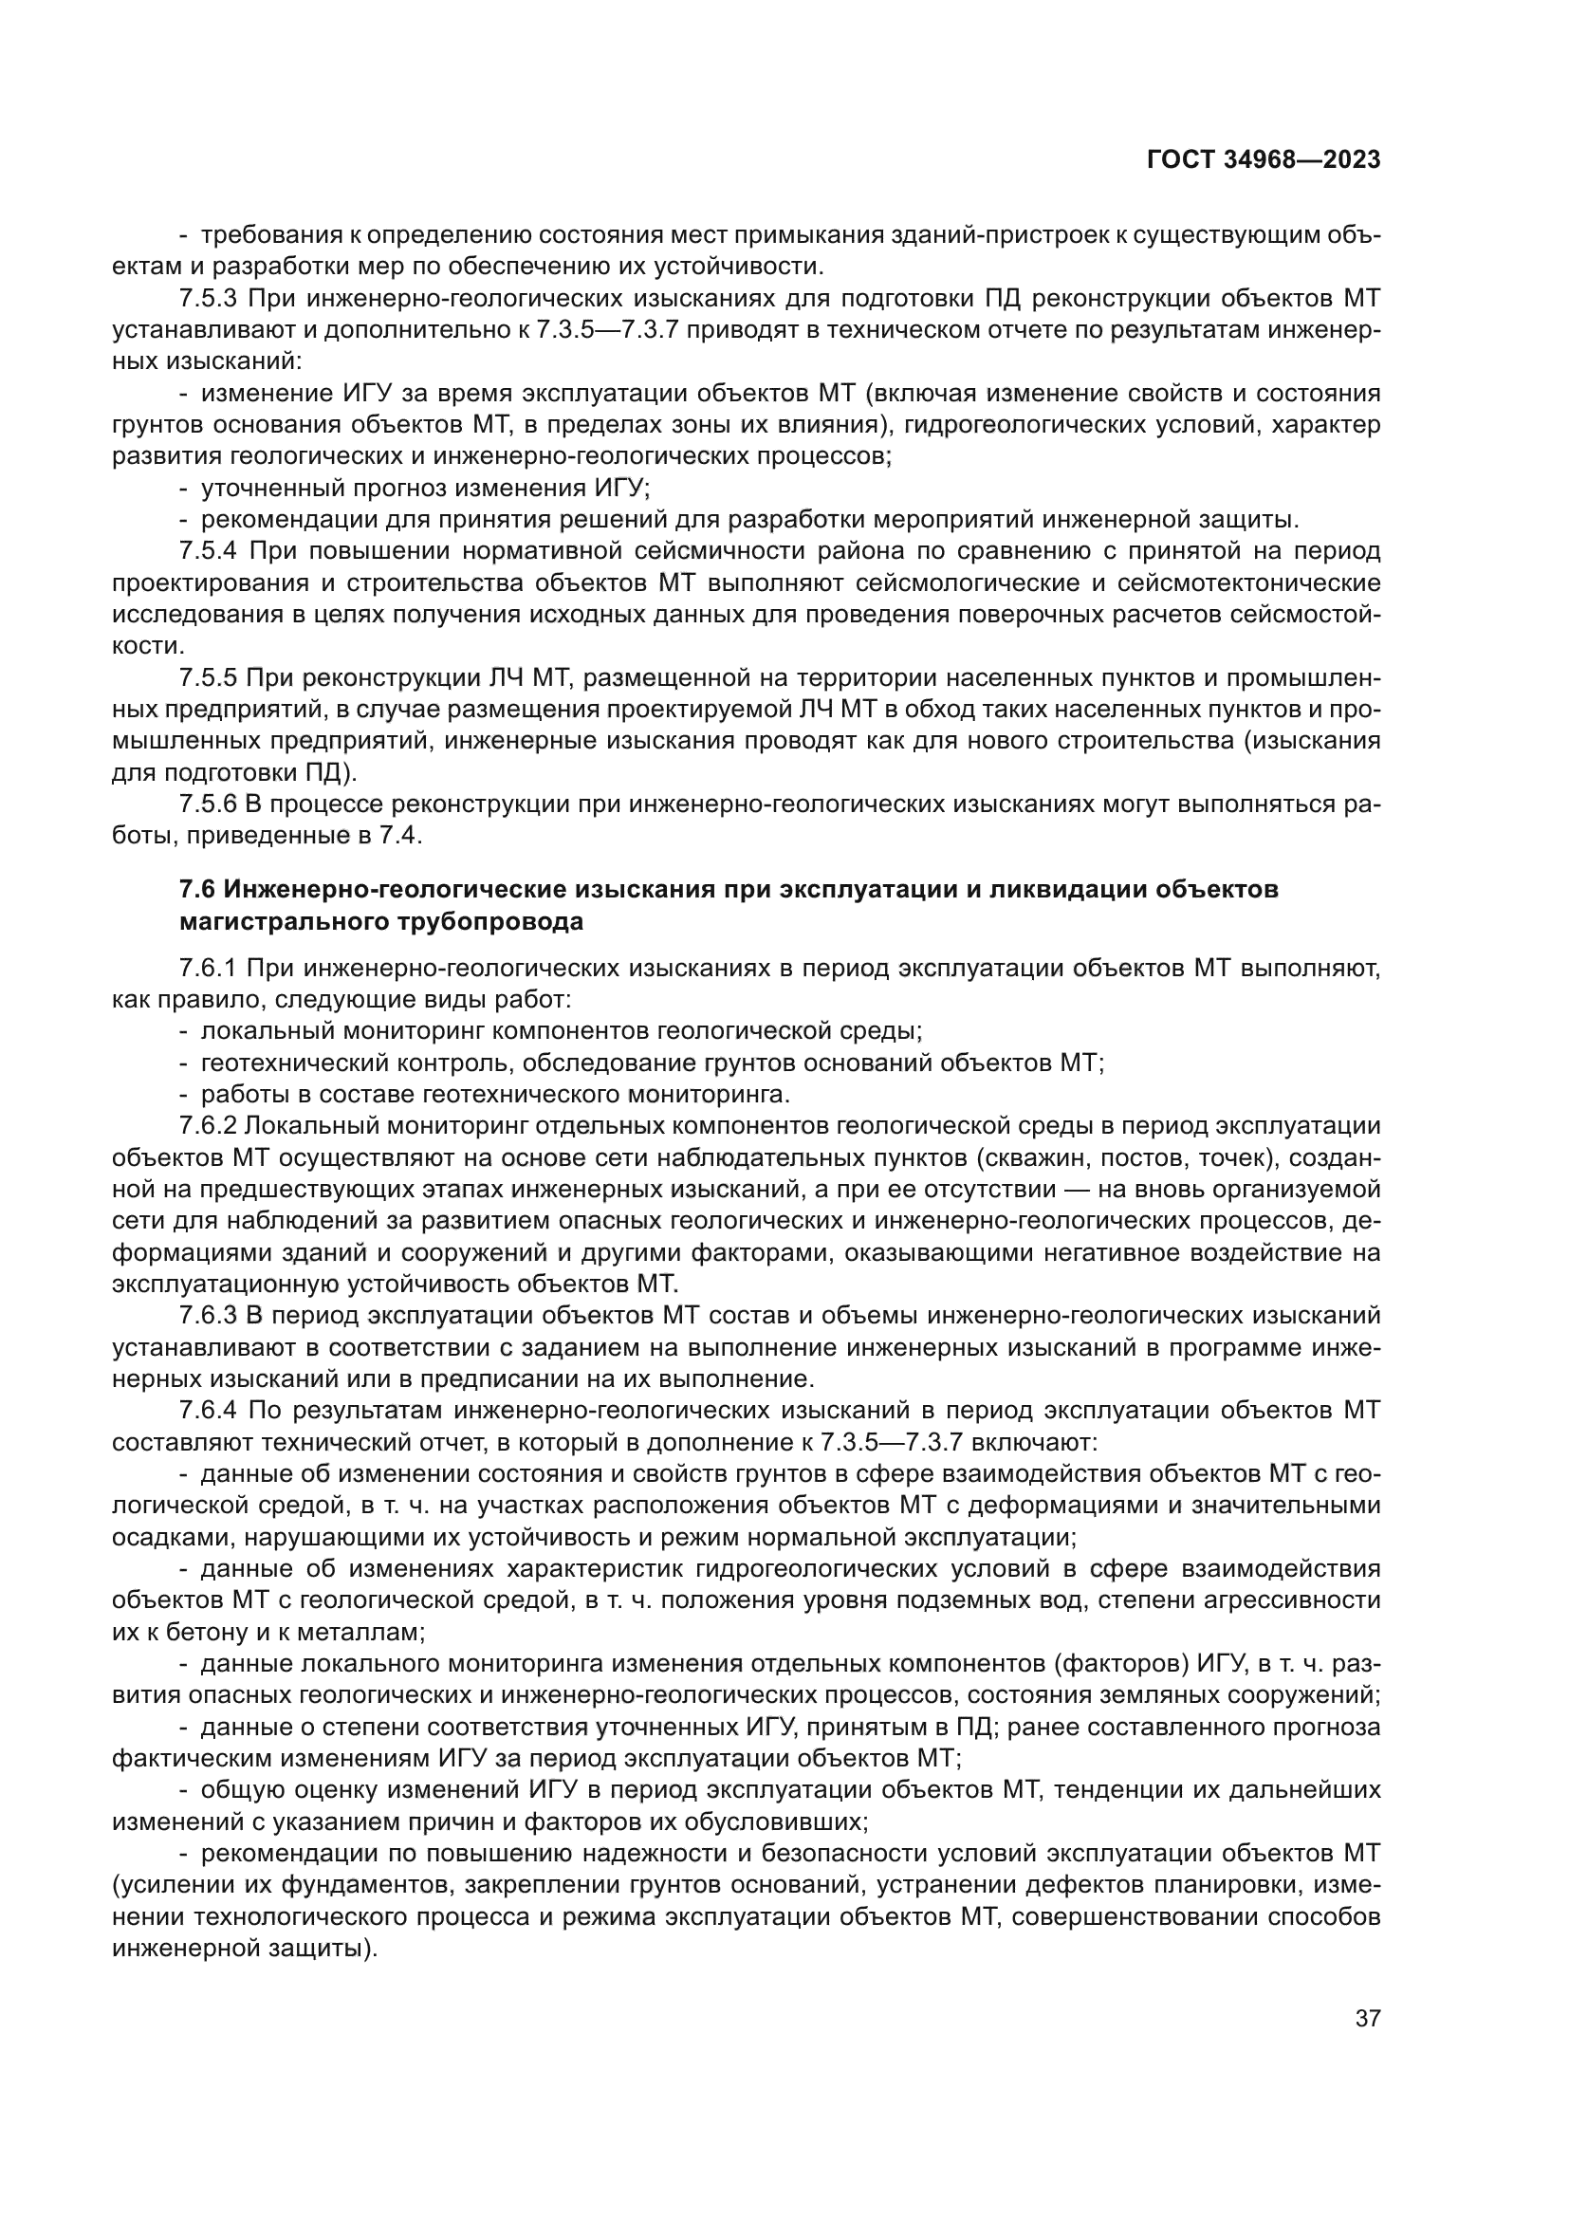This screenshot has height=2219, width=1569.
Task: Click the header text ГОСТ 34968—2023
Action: tap(1263, 160)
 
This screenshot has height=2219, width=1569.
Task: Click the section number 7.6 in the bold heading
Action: tap(197, 889)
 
